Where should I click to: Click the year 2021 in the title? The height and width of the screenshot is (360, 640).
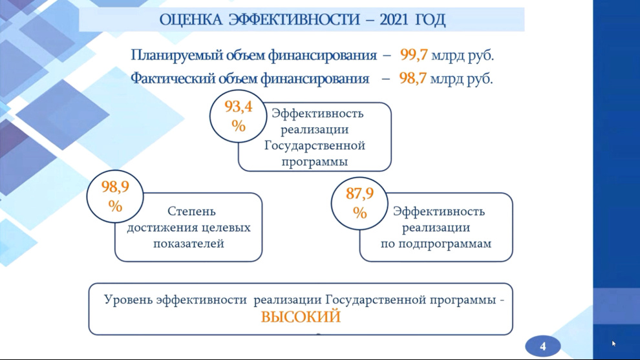coord(394,19)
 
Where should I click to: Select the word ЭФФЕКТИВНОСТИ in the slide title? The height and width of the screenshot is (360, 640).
coord(295,19)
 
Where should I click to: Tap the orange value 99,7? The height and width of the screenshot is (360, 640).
coord(414,54)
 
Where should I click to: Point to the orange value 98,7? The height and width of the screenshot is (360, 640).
coord(412,78)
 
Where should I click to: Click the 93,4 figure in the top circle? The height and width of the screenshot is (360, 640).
coord(239,107)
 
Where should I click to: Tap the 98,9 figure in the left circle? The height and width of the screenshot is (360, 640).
coord(115,187)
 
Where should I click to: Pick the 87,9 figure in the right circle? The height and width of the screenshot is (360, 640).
coord(359,193)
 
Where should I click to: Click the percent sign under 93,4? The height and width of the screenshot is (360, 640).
coord(239,125)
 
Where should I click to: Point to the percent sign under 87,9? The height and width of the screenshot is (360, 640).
coord(359,213)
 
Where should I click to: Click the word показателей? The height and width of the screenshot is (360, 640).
coord(189,244)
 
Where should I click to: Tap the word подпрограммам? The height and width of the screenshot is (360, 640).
coord(445,244)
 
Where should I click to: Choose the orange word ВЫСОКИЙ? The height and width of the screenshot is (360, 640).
coord(301,317)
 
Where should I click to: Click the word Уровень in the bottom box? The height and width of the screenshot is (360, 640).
coord(128,300)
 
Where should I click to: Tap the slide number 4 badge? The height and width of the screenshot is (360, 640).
coord(542,346)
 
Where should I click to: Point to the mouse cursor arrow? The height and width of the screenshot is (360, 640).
coord(613,343)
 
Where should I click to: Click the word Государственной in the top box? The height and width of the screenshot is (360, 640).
coord(314,145)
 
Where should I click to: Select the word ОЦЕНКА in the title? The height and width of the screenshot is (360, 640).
coord(191,20)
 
